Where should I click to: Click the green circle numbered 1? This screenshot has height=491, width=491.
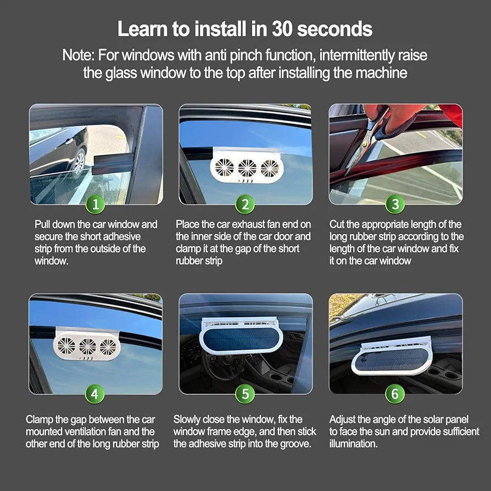95,204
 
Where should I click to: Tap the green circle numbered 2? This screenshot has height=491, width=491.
245,204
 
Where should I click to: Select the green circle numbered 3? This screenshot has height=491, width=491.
395,204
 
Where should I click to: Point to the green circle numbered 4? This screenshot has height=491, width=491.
94,394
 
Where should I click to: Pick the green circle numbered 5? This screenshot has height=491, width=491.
245,394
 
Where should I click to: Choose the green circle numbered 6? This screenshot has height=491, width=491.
395,394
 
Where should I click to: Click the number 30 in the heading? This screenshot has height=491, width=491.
282,29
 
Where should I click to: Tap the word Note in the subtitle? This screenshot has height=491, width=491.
78,55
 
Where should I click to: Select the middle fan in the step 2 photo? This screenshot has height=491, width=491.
247,168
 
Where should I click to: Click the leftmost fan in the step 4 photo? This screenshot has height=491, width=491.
66,345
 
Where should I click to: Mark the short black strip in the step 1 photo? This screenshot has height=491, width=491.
113,164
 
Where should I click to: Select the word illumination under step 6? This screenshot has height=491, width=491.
354,444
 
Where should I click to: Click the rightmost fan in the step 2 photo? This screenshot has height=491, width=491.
270,168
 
